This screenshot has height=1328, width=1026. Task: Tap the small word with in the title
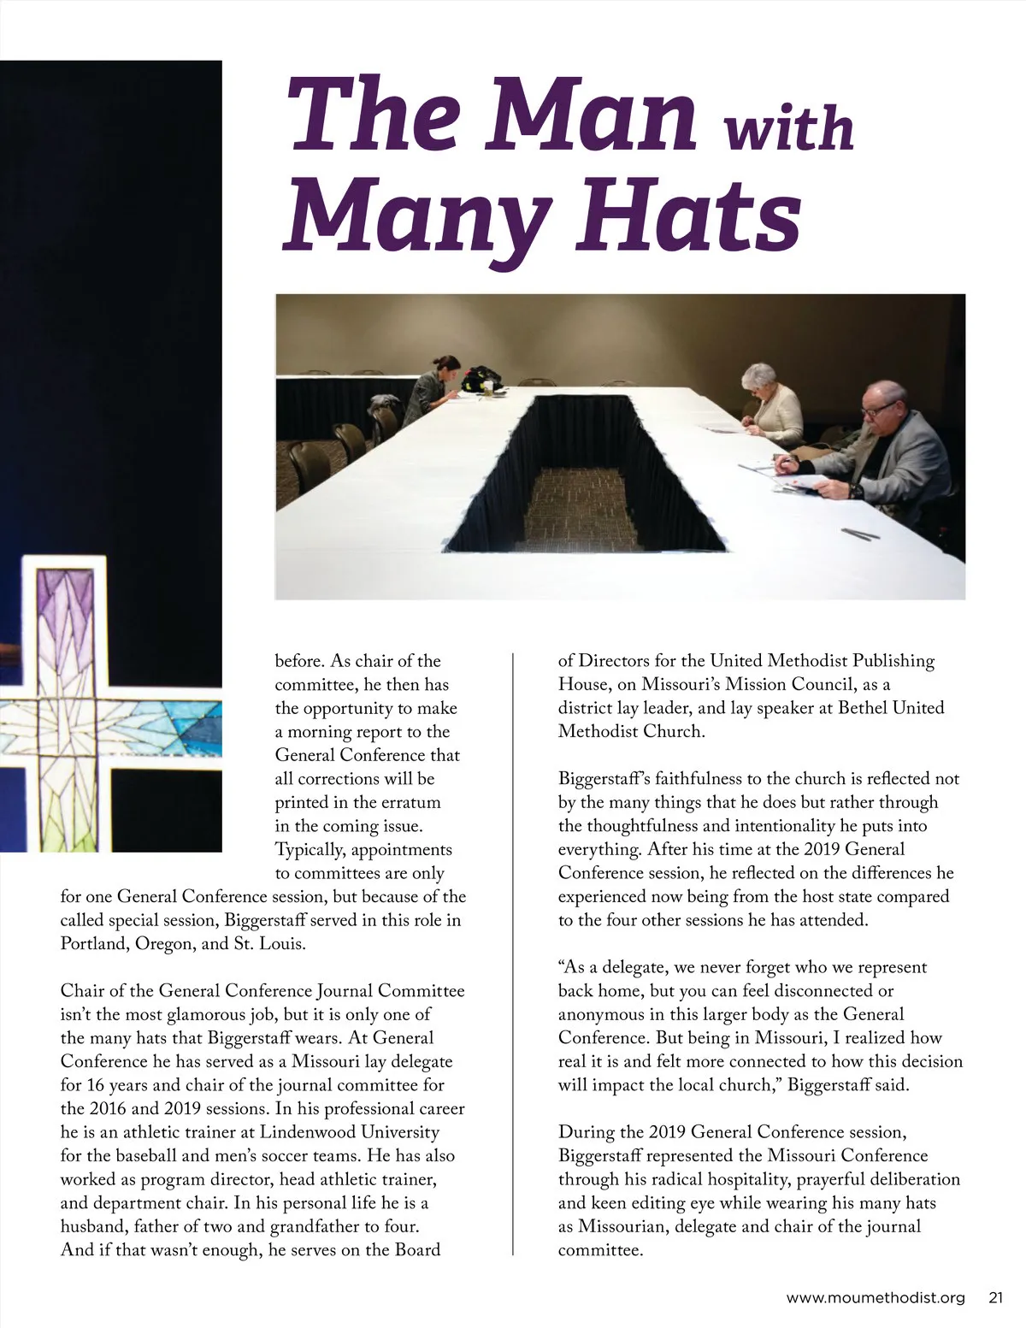788,128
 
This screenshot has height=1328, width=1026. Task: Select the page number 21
995,1298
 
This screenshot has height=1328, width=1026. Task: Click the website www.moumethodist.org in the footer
876,1298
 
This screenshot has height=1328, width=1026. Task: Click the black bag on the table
483,378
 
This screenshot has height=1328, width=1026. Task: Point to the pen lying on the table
859,534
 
